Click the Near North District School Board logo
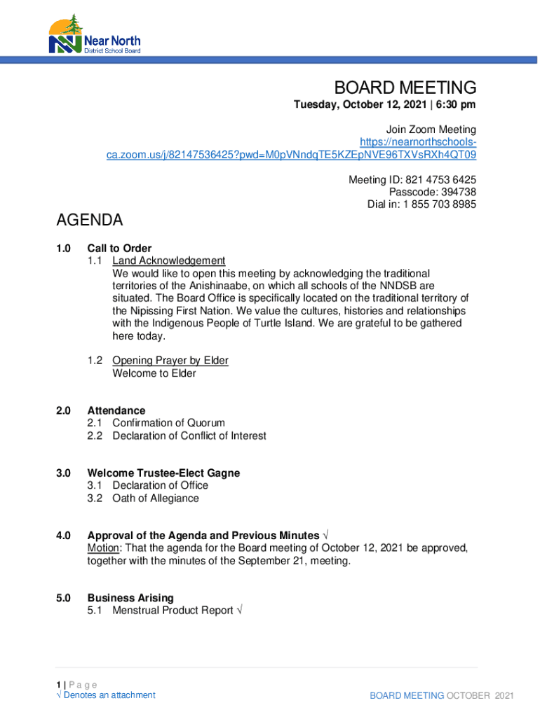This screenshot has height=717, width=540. pos(94,35)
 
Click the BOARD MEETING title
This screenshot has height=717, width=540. pos(405,88)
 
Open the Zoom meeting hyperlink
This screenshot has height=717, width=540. pos(291,155)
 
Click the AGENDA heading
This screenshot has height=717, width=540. pos(89,221)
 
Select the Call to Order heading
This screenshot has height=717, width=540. pos(119,248)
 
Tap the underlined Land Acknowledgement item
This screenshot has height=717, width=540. pos(168,260)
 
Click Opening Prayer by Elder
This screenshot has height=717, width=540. pos(170,361)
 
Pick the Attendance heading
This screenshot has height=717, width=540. pos(116,410)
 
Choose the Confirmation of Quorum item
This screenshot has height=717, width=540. pos(168,423)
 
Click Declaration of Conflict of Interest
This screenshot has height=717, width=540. pos(189,436)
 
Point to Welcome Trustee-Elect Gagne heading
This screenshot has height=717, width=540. pos(163,473)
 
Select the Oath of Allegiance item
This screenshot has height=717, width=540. pos(155,499)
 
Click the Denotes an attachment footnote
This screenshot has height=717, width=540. pos(109,695)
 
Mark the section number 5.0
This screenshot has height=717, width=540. pos(64,598)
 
